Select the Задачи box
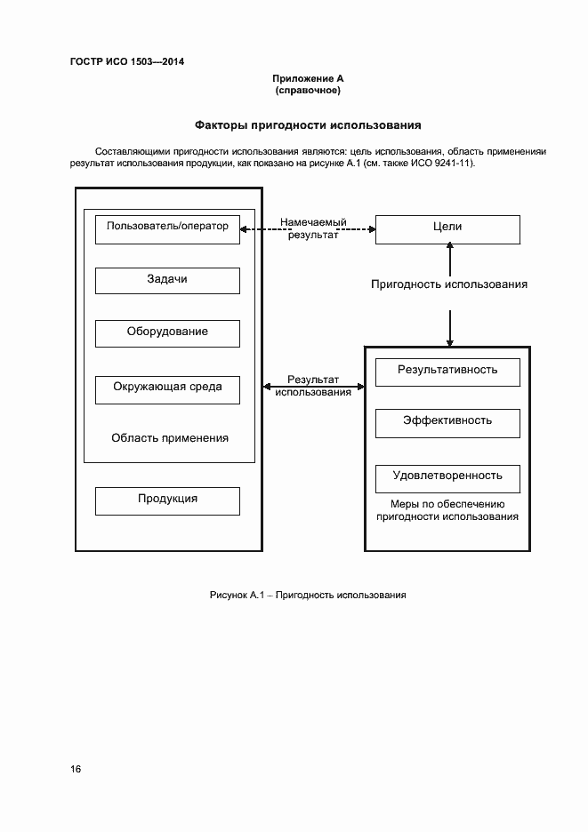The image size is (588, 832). tap(167, 280)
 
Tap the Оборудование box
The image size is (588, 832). tap(167, 332)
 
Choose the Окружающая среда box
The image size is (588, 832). tap(167, 388)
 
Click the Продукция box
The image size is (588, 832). tap(167, 500)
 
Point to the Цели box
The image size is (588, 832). tap(447, 228)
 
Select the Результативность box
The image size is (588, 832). tap(447, 371)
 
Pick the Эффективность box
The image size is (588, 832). tap(447, 422)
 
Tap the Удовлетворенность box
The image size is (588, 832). tap(447, 476)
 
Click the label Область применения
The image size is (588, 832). tap(170, 438)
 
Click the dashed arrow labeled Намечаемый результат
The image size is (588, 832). tap(308, 229)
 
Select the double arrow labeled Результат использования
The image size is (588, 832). tap(313, 386)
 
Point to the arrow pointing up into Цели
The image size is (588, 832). tap(450, 259)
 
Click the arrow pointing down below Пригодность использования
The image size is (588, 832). tap(450, 327)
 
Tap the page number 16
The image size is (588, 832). tap(76, 769)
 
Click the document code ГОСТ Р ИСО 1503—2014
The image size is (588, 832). tap(126, 61)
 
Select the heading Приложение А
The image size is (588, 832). tap(308, 79)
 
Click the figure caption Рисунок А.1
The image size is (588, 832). tap(307, 595)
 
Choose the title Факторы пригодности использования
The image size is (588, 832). tap(308, 125)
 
